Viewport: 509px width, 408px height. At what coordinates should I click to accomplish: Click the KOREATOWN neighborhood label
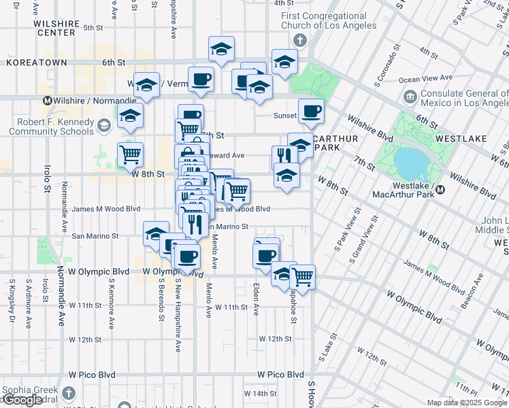point(37,63)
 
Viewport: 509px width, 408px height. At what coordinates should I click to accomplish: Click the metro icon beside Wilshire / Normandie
point(48,101)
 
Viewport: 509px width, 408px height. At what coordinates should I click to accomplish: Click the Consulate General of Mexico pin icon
point(410,97)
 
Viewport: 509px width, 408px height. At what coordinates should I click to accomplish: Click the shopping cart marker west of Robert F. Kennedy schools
point(130,154)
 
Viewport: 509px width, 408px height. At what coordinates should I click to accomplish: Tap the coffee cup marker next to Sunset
point(311,112)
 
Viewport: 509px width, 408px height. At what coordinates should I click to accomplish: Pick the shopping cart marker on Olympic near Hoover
point(301,276)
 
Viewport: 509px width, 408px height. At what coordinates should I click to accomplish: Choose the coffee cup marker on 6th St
point(201,79)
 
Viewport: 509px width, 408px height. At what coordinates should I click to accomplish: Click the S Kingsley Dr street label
point(12,299)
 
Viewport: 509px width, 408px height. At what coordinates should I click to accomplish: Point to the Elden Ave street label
point(257,299)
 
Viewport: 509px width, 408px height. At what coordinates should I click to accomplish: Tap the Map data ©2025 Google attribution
point(467,403)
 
